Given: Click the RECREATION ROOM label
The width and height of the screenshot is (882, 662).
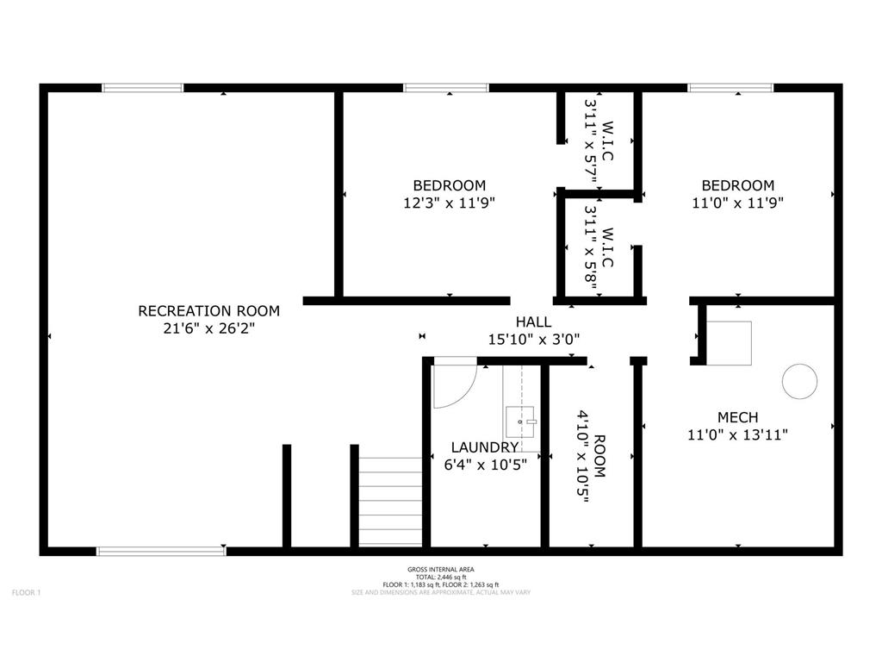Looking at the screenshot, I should [208, 310].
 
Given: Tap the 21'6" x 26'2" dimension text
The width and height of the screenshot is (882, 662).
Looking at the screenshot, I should [208, 328].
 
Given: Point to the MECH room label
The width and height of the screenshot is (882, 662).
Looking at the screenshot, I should [737, 417].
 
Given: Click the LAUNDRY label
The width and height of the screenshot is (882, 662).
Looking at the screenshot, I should [485, 447].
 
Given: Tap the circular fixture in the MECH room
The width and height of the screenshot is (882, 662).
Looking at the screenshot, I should [798, 381].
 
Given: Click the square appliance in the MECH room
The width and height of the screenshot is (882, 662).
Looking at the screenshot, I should [729, 342].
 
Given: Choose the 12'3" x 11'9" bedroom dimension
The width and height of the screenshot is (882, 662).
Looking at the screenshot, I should [449, 203].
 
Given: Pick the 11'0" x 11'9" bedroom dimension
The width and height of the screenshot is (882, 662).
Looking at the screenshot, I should [737, 203].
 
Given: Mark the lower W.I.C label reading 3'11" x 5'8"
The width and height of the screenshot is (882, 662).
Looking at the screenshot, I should [599, 249].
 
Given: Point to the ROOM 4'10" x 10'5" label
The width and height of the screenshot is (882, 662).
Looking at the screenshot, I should [591, 455].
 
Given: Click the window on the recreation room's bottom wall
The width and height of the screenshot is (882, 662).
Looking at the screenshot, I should [160, 550].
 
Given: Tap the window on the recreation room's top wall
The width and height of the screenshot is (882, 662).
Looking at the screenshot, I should [143, 88].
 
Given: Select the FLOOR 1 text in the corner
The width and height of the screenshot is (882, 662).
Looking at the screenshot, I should [26, 592].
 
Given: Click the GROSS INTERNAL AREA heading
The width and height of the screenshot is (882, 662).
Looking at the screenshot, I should [441, 570].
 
